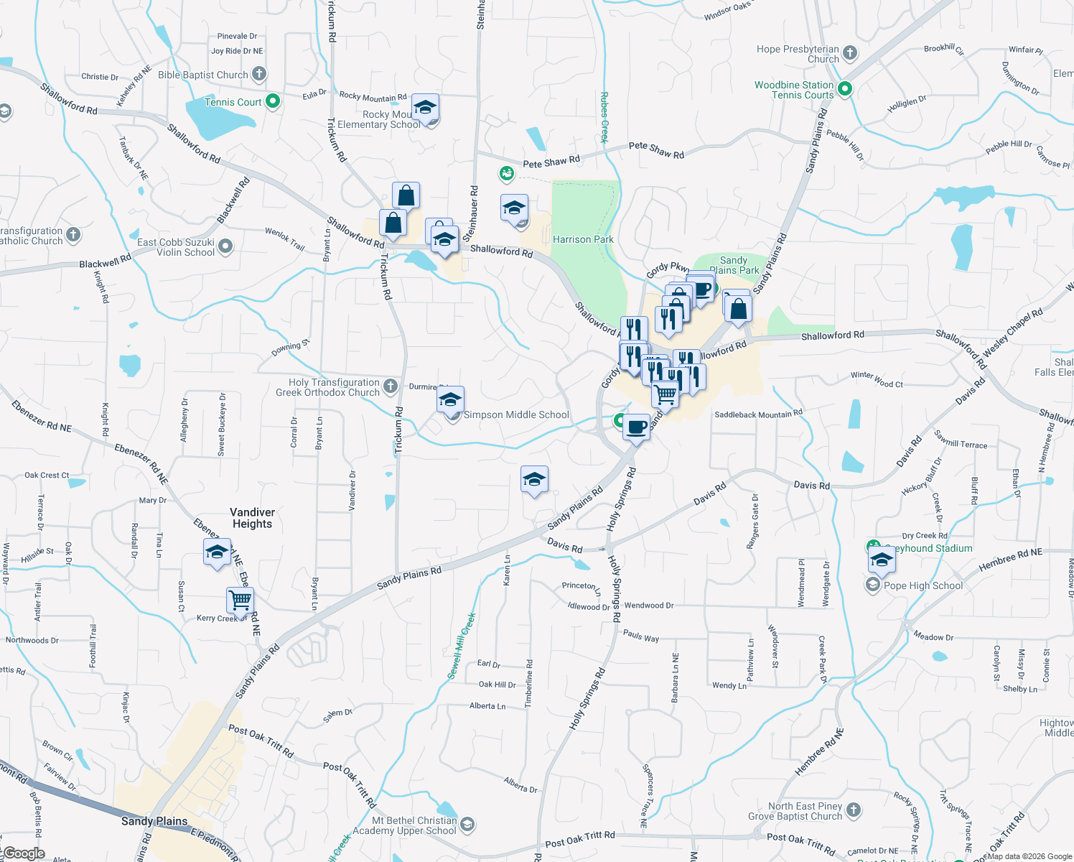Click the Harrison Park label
(583, 239)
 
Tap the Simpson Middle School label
(516, 414)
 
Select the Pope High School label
(923, 585)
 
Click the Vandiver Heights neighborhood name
(252, 518)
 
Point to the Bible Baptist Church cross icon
(259, 74)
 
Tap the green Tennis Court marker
(273, 101)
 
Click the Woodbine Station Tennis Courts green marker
(845, 89)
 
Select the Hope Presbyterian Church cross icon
(850, 52)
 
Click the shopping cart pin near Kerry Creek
(240, 600)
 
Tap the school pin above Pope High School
(881, 560)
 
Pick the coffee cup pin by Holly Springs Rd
(636, 427)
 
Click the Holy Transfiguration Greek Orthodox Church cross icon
(390, 386)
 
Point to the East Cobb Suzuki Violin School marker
(225, 247)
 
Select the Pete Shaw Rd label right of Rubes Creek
(656, 149)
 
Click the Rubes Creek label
(604, 118)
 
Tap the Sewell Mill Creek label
(461, 646)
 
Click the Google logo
(24, 853)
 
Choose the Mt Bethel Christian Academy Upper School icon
(467, 824)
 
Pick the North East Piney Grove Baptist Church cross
(853, 810)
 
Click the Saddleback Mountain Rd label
(758, 414)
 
